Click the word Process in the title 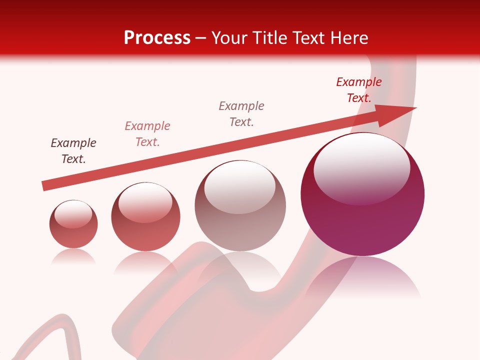pos(157,38)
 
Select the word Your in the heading pos(229,38)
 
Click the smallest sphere pos(73,224)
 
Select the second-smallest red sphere pos(145,217)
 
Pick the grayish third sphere pos(240,206)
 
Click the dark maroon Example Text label pos(73,150)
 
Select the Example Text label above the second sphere pos(147,133)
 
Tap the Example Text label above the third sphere pos(241,113)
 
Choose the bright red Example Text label pos(359,89)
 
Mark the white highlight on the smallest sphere pos(73,214)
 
